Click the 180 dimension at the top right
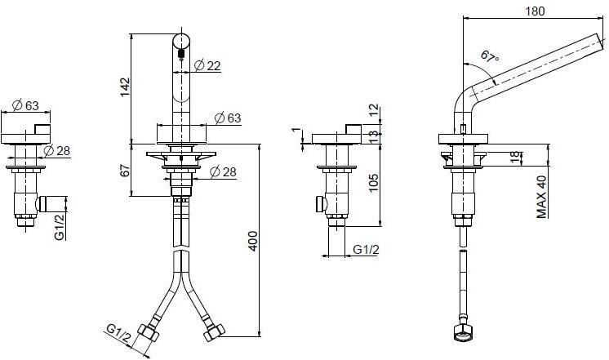[x=534, y=11]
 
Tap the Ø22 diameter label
[x=209, y=66]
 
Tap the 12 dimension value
[x=374, y=109]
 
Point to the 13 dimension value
[x=374, y=134]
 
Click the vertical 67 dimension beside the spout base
[x=124, y=170]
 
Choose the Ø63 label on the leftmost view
[x=26, y=104]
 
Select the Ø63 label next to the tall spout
[x=228, y=118]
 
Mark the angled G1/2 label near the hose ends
[x=119, y=334]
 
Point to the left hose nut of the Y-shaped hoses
[x=150, y=332]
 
